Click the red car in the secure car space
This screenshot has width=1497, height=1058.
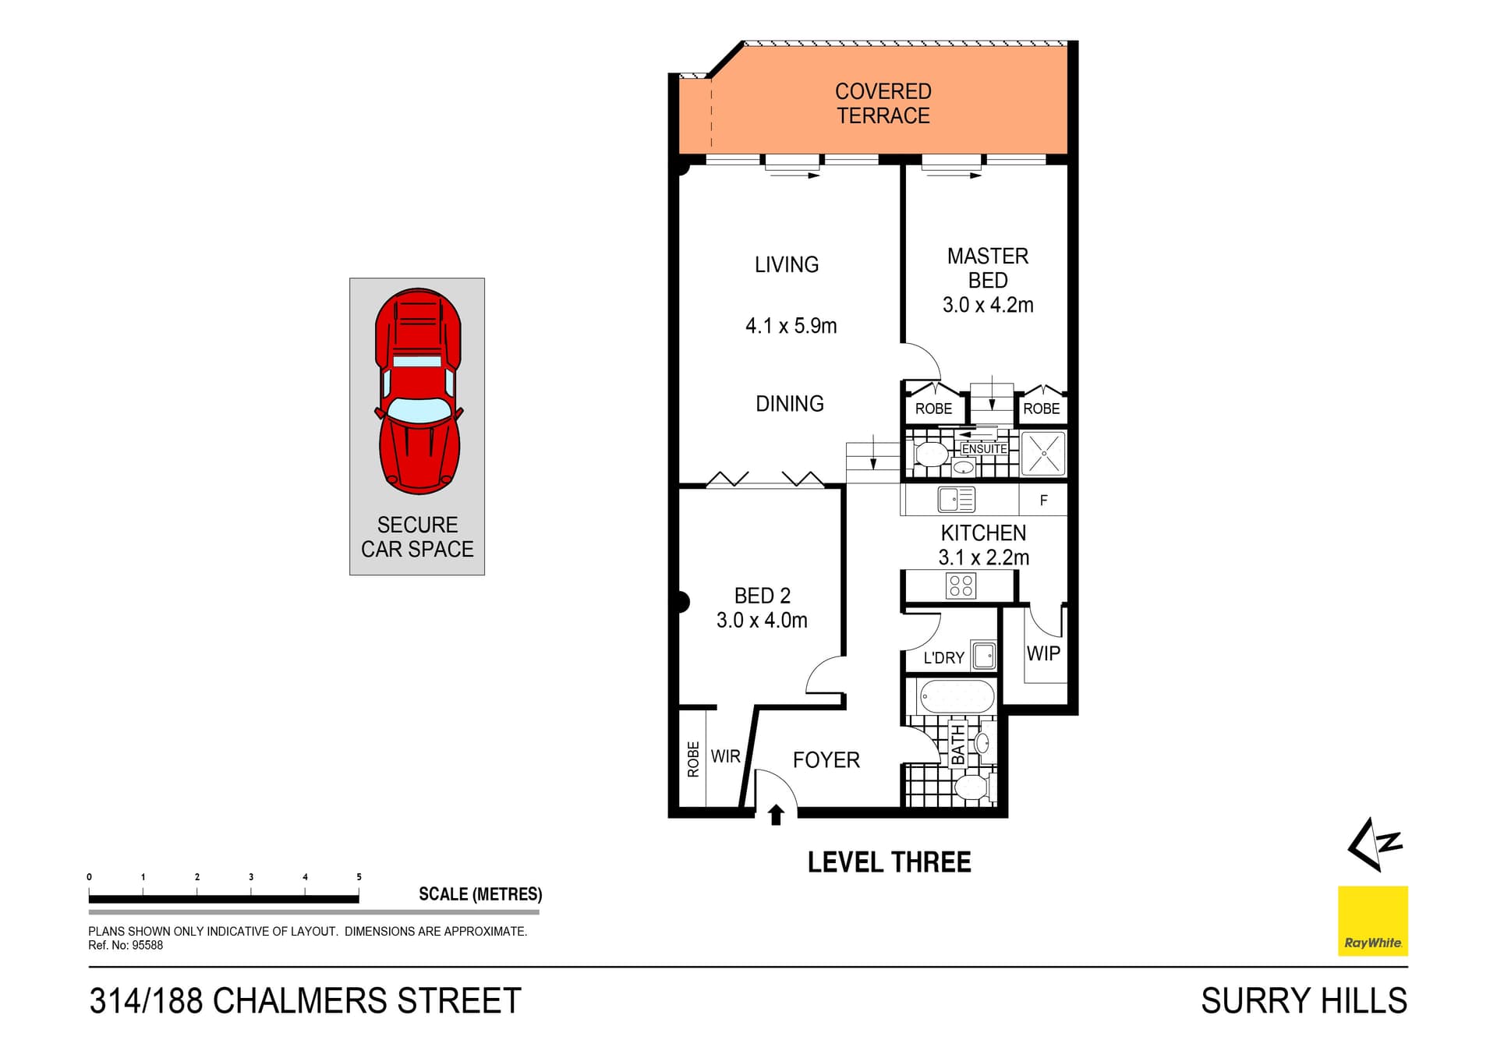point(419,391)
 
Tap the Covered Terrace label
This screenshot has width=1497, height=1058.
point(883,104)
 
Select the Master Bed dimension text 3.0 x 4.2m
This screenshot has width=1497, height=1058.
point(987,305)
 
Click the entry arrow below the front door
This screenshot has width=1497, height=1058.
point(776,816)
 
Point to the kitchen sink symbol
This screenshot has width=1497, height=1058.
point(957,499)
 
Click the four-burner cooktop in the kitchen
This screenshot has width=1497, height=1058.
point(961,586)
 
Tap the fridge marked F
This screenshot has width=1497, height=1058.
point(1043,501)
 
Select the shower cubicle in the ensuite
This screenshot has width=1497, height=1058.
point(1043,453)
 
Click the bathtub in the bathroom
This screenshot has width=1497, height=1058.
point(957,696)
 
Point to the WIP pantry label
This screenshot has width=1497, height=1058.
point(1042,653)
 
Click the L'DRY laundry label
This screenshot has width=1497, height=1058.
point(943,658)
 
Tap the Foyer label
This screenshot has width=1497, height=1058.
point(826,760)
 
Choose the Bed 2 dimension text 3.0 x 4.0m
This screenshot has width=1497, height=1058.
point(762,621)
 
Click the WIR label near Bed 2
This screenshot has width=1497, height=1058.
point(725,756)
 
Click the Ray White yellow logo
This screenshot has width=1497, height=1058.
point(1372,921)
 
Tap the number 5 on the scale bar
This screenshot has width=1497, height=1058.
point(359,877)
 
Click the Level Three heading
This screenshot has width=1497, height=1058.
point(889,862)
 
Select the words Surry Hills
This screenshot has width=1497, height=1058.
point(1304,1001)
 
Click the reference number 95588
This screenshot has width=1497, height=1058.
point(147,946)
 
